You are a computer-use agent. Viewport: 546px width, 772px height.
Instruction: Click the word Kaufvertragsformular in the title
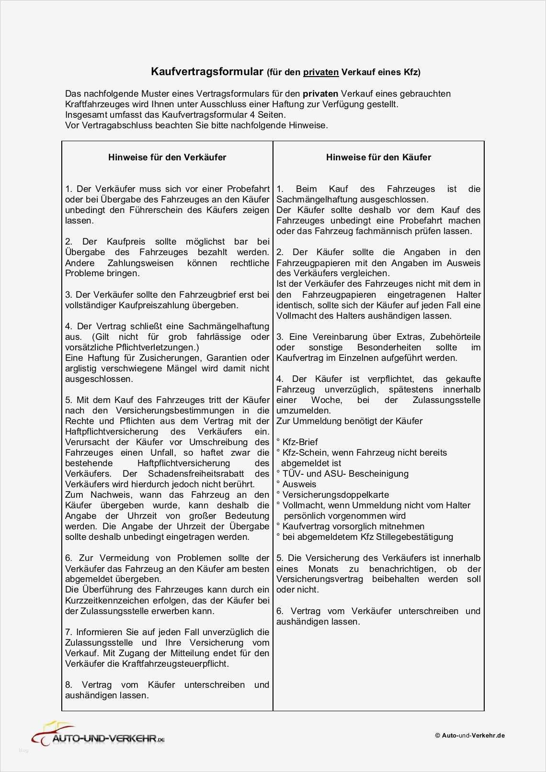click(x=207, y=72)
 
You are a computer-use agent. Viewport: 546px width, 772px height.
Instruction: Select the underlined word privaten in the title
click(x=321, y=72)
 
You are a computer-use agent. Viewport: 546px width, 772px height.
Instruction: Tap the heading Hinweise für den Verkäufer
click(x=167, y=157)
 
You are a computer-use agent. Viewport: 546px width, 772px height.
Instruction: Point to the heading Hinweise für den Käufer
click(x=378, y=157)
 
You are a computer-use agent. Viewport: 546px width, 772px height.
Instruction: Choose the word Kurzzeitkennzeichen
click(x=112, y=601)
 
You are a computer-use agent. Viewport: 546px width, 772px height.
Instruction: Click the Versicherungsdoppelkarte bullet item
click(x=335, y=495)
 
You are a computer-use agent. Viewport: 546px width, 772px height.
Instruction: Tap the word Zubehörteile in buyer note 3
click(x=455, y=337)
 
